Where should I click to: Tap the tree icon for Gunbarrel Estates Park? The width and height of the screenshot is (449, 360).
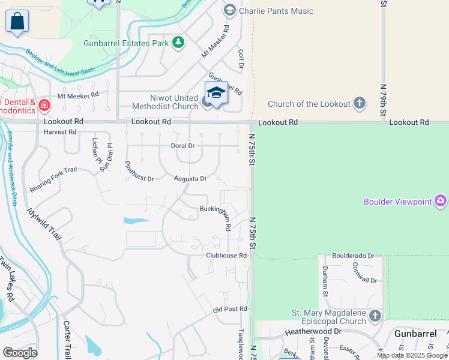pyautogui.click(x=178, y=42)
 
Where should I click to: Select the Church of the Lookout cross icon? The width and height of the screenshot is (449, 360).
pyautogui.click(x=360, y=103)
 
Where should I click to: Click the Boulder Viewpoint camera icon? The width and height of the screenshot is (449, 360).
pyautogui.click(x=441, y=201)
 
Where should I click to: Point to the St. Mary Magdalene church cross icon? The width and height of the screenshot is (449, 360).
pyautogui.click(x=375, y=316)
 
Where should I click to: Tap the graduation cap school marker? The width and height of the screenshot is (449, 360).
pyautogui.click(x=216, y=92)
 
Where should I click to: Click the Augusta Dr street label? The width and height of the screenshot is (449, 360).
pyautogui.click(x=190, y=178)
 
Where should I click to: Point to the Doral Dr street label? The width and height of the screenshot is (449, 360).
pyautogui.click(x=183, y=146)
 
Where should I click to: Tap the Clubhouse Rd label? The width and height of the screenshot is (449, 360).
pyautogui.click(x=227, y=255)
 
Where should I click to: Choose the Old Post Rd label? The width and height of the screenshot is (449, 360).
pyautogui.click(x=230, y=309)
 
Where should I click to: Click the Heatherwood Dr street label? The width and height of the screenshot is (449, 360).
pyautogui.click(x=313, y=331)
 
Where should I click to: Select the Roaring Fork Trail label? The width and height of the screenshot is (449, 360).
pyautogui.click(x=53, y=179)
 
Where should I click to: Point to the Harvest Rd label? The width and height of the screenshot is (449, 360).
pyautogui.click(x=60, y=131)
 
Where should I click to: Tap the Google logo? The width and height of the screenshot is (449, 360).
pyautogui.click(x=20, y=353)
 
